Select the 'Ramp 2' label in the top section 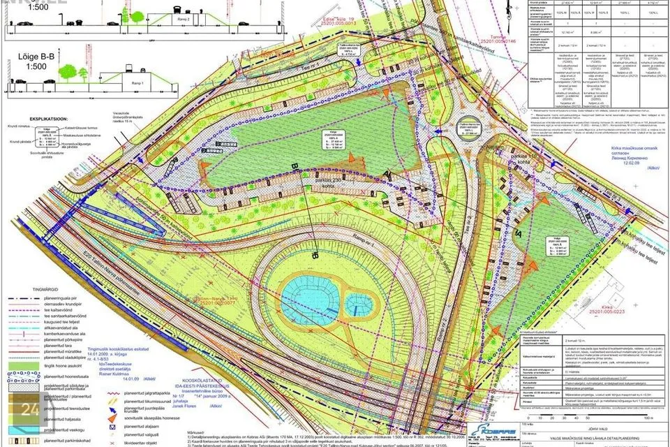coord(183,20)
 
